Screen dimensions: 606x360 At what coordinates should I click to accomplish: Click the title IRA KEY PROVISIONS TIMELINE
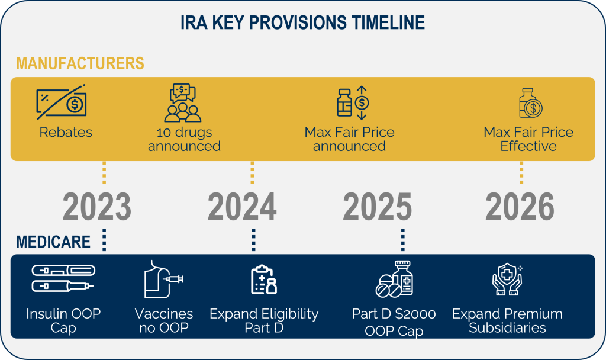[302, 23]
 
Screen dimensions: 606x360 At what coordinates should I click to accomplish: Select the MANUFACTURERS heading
[80, 63]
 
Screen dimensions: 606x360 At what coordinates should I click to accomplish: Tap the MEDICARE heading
[53, 242]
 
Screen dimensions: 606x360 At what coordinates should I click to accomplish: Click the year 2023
[97, 207]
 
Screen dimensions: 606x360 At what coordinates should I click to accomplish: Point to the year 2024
[242, 207]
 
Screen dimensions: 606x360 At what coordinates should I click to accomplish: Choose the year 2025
[378, 207]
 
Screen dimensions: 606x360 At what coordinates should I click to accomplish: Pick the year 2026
[520, 207]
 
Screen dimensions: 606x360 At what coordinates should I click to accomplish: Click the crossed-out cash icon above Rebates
[62, 102]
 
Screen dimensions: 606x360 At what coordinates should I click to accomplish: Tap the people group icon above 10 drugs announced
[183, 103]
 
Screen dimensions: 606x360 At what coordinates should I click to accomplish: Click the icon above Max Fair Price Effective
[531, 103]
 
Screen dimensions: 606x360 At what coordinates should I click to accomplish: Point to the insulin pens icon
[63, 278]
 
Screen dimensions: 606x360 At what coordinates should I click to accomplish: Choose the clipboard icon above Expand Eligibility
[264, 279]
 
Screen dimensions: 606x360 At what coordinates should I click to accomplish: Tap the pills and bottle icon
[394, 279]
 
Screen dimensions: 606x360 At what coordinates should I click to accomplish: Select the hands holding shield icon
[507, 279]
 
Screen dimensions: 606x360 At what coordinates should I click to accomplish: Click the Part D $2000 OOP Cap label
[394, 322]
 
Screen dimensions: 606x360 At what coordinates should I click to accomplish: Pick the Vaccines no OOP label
[164, 320]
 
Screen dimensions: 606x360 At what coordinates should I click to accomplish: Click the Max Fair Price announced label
[349, 139]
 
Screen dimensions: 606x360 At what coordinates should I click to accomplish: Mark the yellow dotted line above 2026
[521, 173]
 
